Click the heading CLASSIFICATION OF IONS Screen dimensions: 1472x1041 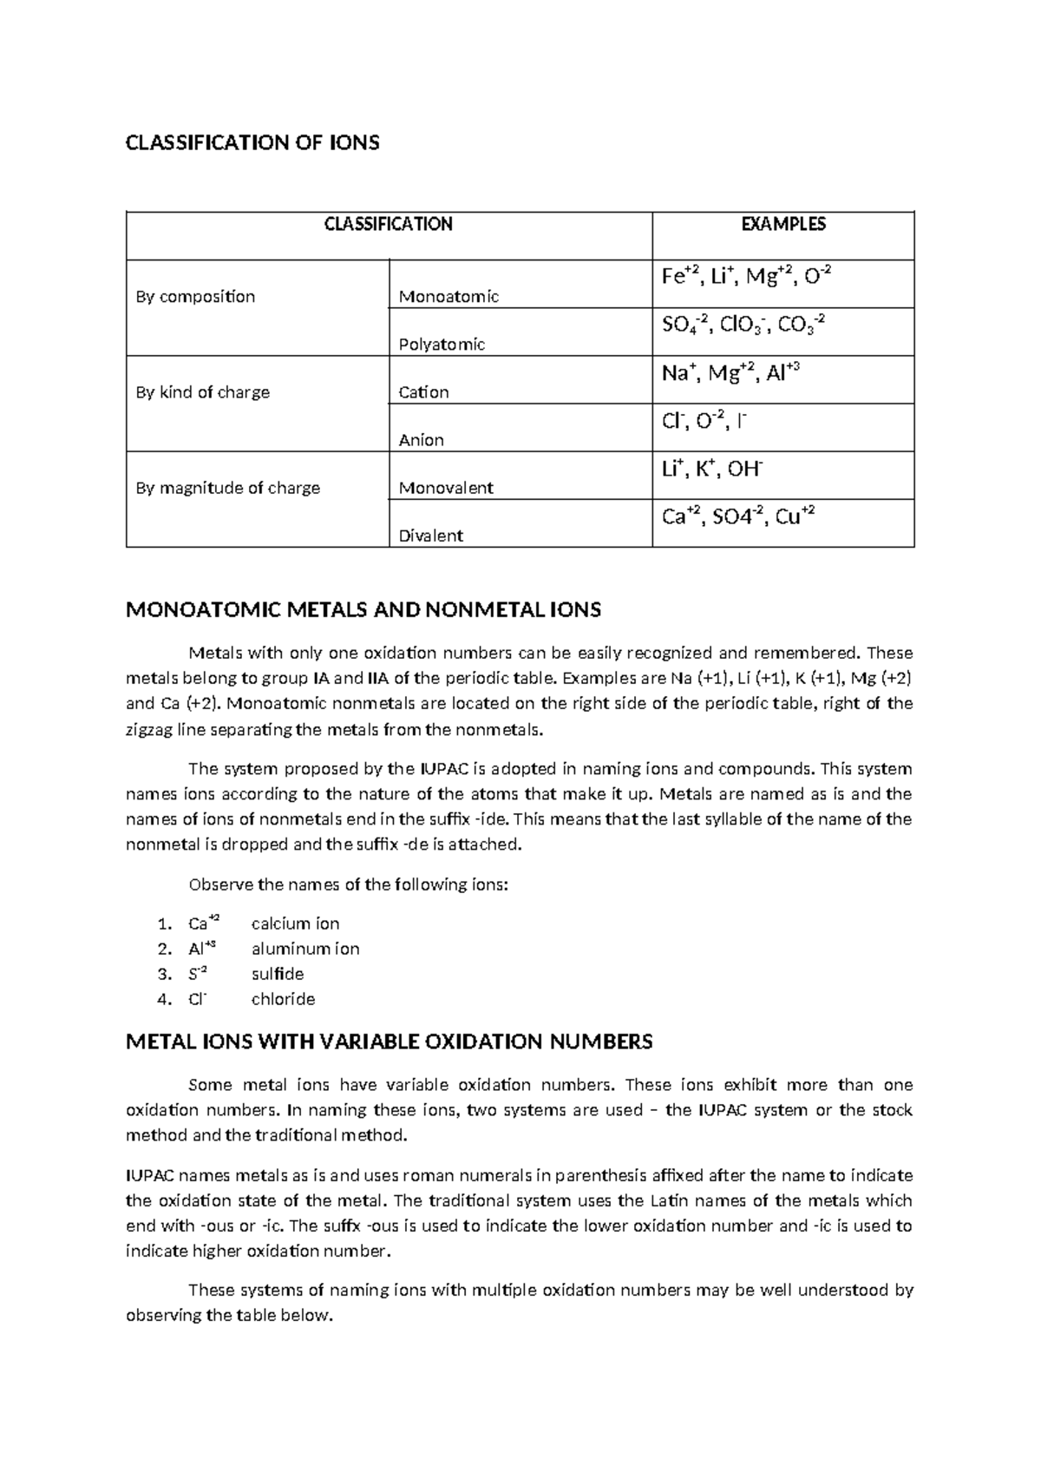252,143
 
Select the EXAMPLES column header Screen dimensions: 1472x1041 782,225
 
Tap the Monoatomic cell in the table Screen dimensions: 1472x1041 448,297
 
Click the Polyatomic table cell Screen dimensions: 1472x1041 442,345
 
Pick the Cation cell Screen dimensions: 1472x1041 423,392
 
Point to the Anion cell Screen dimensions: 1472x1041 421,440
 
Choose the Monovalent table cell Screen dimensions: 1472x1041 445,488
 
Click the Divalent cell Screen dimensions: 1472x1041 430,536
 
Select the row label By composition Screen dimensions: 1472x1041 195,297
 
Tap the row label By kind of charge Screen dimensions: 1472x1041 202,392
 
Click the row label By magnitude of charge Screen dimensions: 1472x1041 227,488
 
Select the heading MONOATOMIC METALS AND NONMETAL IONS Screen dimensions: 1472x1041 363,610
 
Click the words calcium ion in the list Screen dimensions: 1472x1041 295,923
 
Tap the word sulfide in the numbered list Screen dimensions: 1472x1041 277,974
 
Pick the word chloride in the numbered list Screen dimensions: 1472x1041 283,999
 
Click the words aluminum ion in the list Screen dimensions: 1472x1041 304,949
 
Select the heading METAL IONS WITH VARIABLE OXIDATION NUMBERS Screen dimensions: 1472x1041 389,1042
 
